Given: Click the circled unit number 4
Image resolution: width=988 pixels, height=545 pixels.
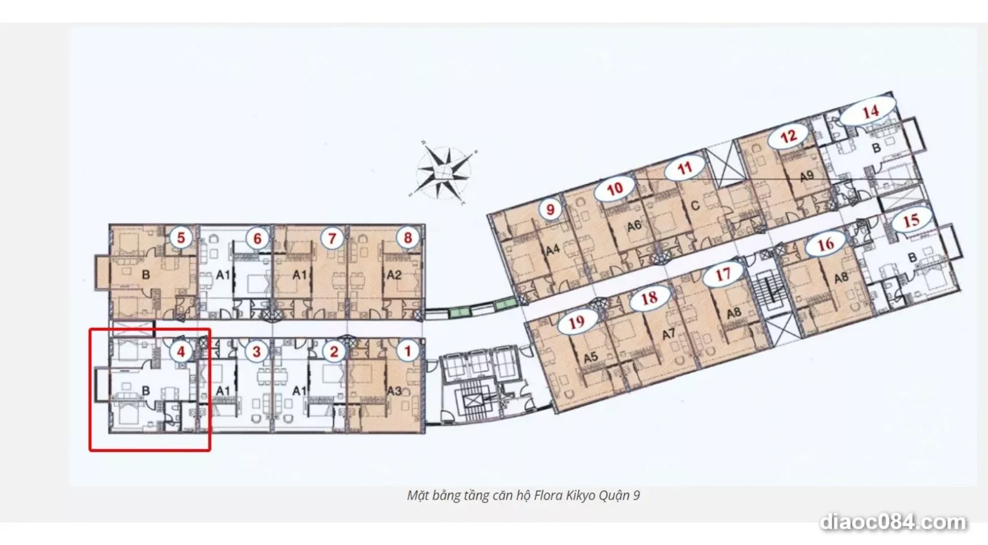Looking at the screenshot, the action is [x=181, y=352].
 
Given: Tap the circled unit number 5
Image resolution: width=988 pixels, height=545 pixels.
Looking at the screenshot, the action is [x=181, y=237].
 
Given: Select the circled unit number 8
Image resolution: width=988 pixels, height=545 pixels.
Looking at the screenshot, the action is [x=407, y=238].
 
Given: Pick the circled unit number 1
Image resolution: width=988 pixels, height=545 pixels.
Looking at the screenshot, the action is [x=407, y=351].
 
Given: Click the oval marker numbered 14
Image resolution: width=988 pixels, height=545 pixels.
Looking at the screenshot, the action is [x=869, y=112].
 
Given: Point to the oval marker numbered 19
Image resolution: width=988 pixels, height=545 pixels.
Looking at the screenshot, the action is [x=577, y=322].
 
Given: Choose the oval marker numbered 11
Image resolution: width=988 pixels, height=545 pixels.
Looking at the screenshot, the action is [x=685, y=167].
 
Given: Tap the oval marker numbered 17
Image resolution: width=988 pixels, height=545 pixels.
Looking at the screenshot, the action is [x=722, y=275].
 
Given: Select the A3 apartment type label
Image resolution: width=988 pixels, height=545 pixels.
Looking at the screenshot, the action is [x=394, y=391].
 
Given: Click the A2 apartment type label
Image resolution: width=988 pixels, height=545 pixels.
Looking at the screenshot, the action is [x=394, y=275].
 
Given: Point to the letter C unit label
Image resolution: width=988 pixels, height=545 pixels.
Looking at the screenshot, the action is [x=695, y=205].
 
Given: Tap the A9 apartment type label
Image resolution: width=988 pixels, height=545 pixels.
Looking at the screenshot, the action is [x=806, y=177].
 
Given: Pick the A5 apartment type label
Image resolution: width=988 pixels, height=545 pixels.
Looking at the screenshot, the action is [x=591, y=357].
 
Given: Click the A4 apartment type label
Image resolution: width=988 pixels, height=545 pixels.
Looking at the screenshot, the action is [x=552, y=249].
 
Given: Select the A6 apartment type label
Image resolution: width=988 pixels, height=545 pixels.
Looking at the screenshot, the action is [x=634, y=226].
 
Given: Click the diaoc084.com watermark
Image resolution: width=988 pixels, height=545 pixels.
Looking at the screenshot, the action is [x=893, y=522].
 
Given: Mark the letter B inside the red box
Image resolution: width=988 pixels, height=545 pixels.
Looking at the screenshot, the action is [x=146, y=391].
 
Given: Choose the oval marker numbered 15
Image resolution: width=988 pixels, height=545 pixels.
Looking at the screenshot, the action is [x=911, y=220].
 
